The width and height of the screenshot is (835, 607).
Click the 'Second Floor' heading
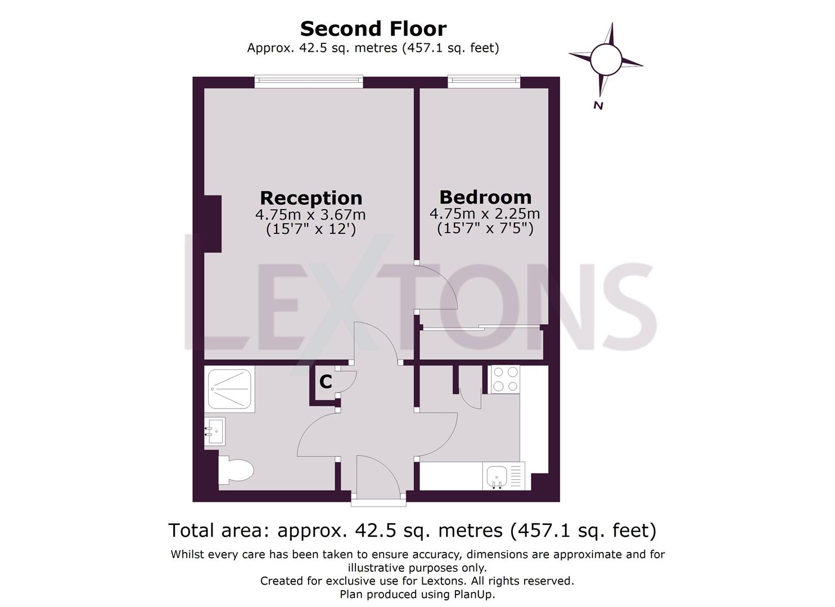[x=373, y=29]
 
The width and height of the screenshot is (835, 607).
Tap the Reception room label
[x=311, y=198]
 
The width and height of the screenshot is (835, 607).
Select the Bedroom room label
[x=485, y=197]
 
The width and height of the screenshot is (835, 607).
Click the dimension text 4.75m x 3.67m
[x=310, y=215]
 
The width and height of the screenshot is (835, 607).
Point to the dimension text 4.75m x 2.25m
[x=485, y=214]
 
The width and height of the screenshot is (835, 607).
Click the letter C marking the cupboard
[x=326, y=382]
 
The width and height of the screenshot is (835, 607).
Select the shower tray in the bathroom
[x=229, y=388]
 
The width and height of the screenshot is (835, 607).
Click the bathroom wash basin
[x=214, y=431]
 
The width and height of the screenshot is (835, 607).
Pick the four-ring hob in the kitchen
[x=505, y=379]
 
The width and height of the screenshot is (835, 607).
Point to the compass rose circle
[x=606, y=59]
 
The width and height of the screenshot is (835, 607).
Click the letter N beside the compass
[x=598, y=106]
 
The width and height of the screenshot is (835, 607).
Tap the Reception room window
[x=309, y=82]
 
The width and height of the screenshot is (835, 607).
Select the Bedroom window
[x=484, y=82]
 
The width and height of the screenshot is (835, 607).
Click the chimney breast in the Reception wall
[x=213, y=223]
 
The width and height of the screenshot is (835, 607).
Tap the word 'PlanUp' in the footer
[x=473, y=594]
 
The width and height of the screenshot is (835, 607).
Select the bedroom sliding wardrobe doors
[x=481, y=328]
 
